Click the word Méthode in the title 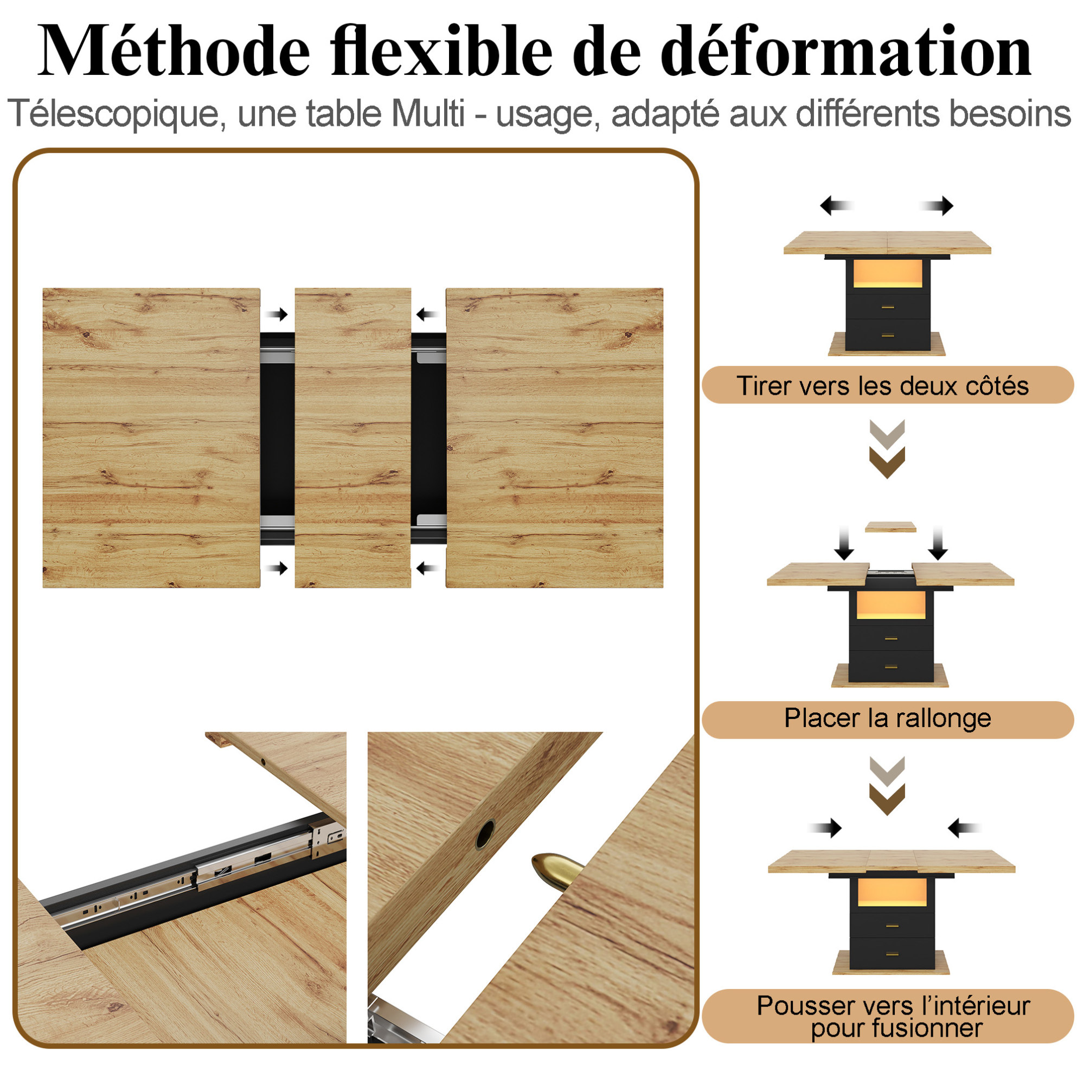click(x=174, y=52)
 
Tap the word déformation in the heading click(x=847, y=52)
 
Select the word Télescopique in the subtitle click(x=117, y=114)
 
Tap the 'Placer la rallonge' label click(x=887, y=718)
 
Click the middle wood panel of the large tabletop click(x=353, y=438)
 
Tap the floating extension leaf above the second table click(x=890, y=527)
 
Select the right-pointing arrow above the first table click(x=937, y=206)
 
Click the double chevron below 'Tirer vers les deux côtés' click(x=887, y=450)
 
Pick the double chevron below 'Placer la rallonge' click(x=887, y=786)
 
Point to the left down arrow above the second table click(x=844, y=543)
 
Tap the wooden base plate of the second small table click(x=890, y=676)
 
